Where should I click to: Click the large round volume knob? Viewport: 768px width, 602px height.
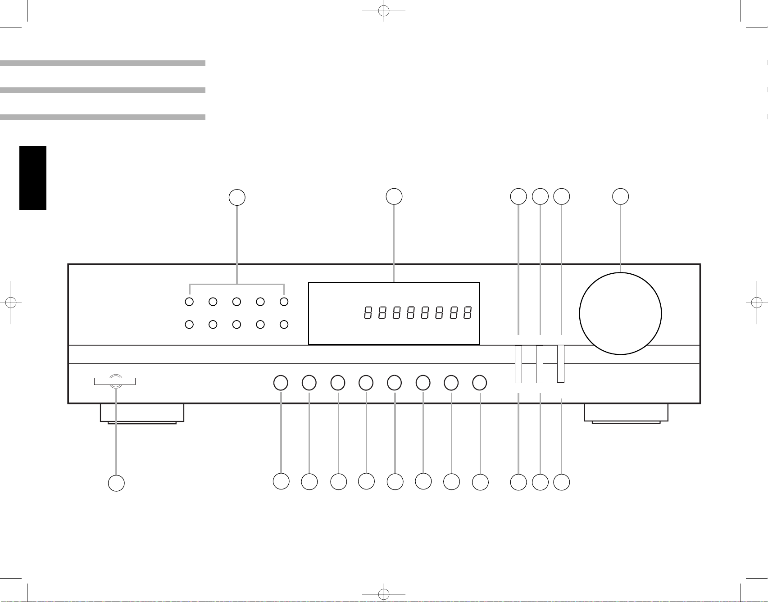coord(620,313)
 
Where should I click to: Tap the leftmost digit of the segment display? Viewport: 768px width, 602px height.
coord(368,313)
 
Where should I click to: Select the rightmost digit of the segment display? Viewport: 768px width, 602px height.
coord(468,313)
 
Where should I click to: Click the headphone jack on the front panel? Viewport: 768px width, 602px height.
coord(115,381)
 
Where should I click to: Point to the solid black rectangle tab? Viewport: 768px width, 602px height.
coord(33,178)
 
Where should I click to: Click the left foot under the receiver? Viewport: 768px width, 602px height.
coord(142,413)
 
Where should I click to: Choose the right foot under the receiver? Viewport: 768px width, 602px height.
coord(626,413)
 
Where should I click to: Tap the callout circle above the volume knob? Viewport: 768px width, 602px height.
coord(621,196)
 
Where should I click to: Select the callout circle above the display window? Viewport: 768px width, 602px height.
coord(394,196)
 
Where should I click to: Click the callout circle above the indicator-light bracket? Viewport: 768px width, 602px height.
coord(237,197)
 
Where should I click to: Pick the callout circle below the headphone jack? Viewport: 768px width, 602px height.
coord(116,483)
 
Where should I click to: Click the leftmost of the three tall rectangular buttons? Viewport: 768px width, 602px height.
coord(518,364)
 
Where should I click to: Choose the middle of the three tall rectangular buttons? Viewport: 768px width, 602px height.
coord(540,364)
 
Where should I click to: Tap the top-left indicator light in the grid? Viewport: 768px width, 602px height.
coord(190,302)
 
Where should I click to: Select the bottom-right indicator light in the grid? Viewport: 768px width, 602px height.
coord(284,324)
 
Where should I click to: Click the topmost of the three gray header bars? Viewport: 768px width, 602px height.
coord(103,63)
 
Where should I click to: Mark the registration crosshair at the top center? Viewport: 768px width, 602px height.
coord(384,11)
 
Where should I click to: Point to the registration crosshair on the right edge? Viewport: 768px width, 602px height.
coord(757,303)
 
